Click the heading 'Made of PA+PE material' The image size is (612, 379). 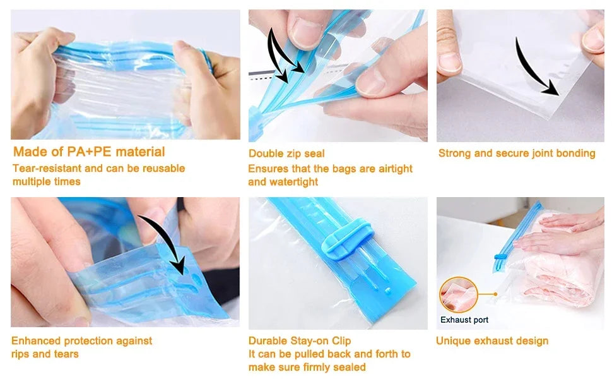tap(89, 152)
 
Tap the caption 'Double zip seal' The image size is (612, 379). tap(286, 153)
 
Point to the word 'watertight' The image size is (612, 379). tap(293, 182)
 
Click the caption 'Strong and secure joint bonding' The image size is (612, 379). tap(517, 153)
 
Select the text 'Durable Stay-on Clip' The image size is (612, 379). tap(300, 341)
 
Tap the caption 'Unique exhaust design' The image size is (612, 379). tap(492, 341)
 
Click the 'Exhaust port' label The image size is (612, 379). tap(464, 320)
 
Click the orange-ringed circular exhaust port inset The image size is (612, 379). tap(458, 295)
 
